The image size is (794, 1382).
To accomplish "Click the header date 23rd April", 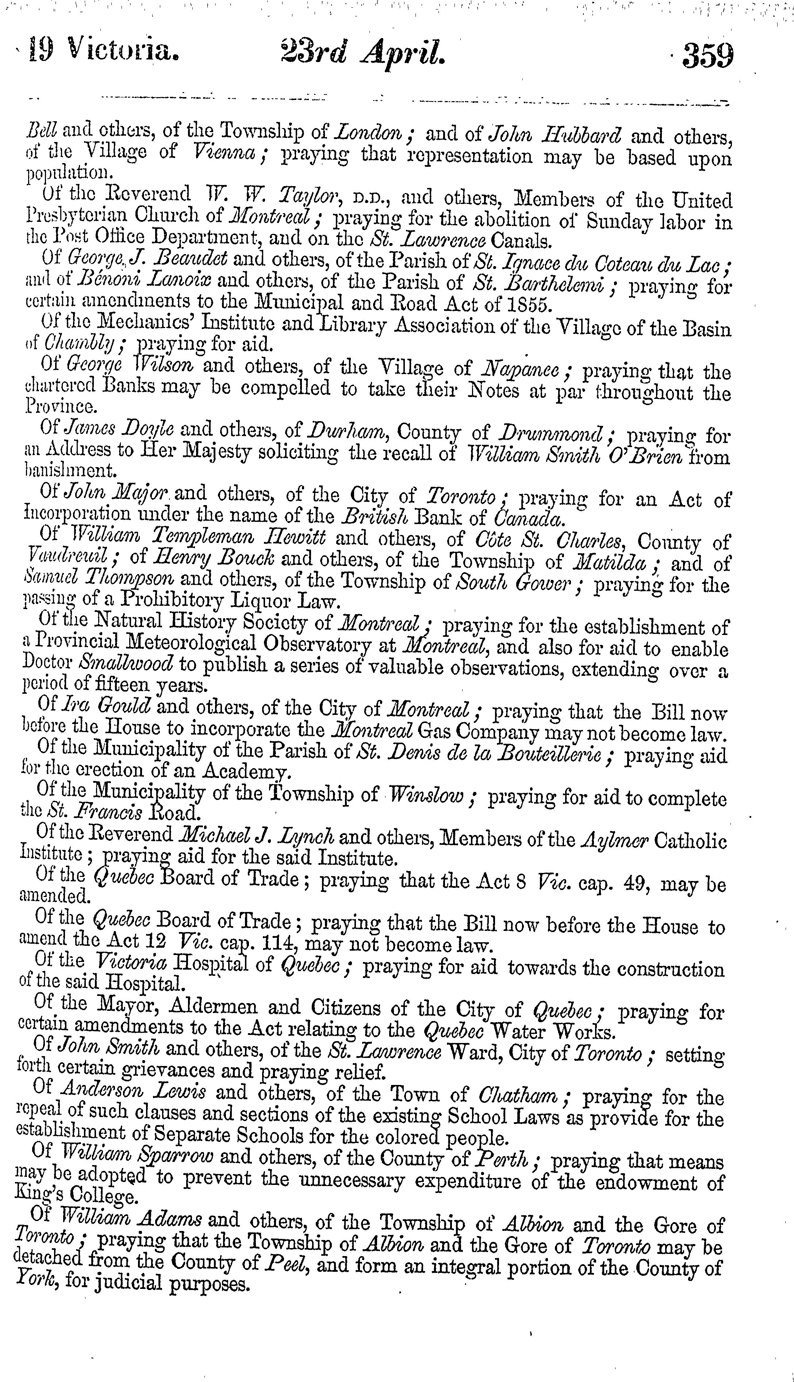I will tap(364, 55).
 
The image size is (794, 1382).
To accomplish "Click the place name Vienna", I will tap(226, 153).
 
